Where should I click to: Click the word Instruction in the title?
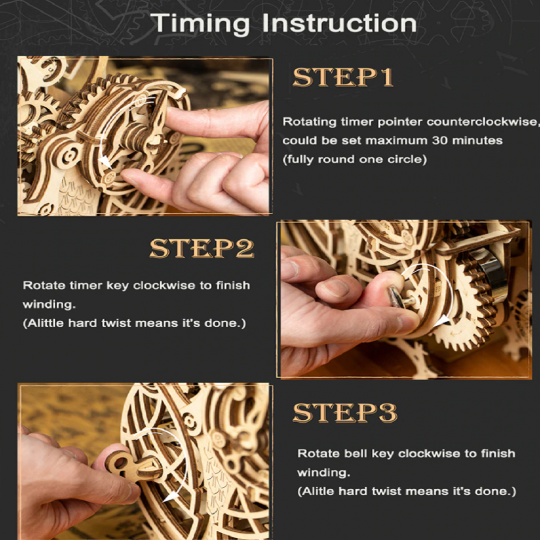point(339,23)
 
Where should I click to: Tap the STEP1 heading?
point(343,77)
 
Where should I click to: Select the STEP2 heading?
point(202,248)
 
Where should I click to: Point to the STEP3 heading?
point(345,412)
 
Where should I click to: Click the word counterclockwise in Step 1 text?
point(482,122)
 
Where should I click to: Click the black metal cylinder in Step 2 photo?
point(489,272)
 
